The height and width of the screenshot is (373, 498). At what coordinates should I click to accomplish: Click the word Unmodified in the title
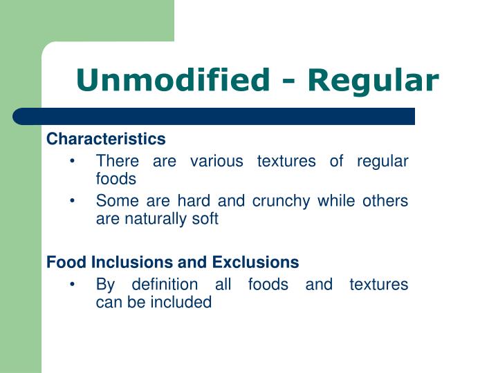[172, 81]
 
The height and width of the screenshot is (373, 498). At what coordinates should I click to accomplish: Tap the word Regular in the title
[373, 81]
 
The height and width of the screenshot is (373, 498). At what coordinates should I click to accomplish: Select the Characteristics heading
[106, 139]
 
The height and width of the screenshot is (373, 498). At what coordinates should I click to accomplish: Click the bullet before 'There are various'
[73, 162]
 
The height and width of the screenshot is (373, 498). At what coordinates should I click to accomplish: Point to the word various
[216, 162]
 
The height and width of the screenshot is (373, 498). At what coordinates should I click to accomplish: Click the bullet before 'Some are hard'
[73, 201]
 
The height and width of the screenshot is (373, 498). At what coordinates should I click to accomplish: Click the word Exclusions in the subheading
[255, 262]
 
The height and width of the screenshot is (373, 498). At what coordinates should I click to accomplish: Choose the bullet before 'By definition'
[73, 285]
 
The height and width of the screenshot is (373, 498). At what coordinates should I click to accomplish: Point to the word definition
[165, 285]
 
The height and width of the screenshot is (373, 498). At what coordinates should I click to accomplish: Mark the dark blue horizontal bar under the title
[214, 116]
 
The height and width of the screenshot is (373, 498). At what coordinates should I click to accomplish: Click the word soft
[205, 219]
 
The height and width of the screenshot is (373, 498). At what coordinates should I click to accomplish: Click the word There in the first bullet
[117, 162]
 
